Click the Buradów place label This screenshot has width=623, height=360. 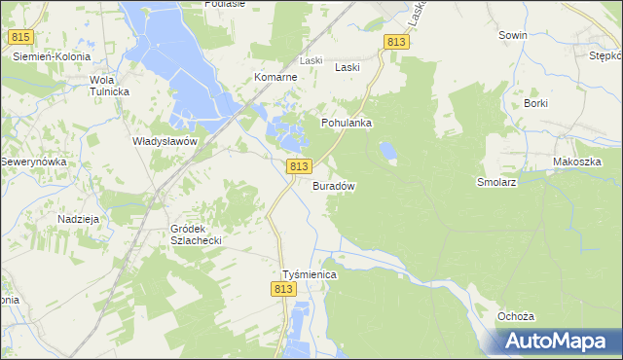pyautogui.click(x=333, y=186)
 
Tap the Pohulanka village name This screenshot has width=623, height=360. pyautogui.click(x=348, y=124)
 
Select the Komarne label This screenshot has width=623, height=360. pyautogui.click(x=275, y=77)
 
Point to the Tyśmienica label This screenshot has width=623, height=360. pyautogui.click(x=309, y=275)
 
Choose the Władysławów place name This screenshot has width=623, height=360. pyautogui.click(x=165, y=141)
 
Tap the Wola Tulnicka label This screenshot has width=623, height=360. pyautogui.click(x=110, y=86)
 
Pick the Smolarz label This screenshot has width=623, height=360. pyautogui.click(x=495, y=182)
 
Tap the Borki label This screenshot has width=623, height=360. pyautogui.click(x=536, y=103)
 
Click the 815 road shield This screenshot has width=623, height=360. pyautogui.click(x=20, y=37)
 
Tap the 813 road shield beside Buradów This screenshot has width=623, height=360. pyautogui.click(x=299, y=167)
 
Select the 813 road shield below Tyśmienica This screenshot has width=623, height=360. pyautogui.click(x=283, y=290)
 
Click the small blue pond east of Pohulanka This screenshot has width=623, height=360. pyautogui.click(x=388, y=151)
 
